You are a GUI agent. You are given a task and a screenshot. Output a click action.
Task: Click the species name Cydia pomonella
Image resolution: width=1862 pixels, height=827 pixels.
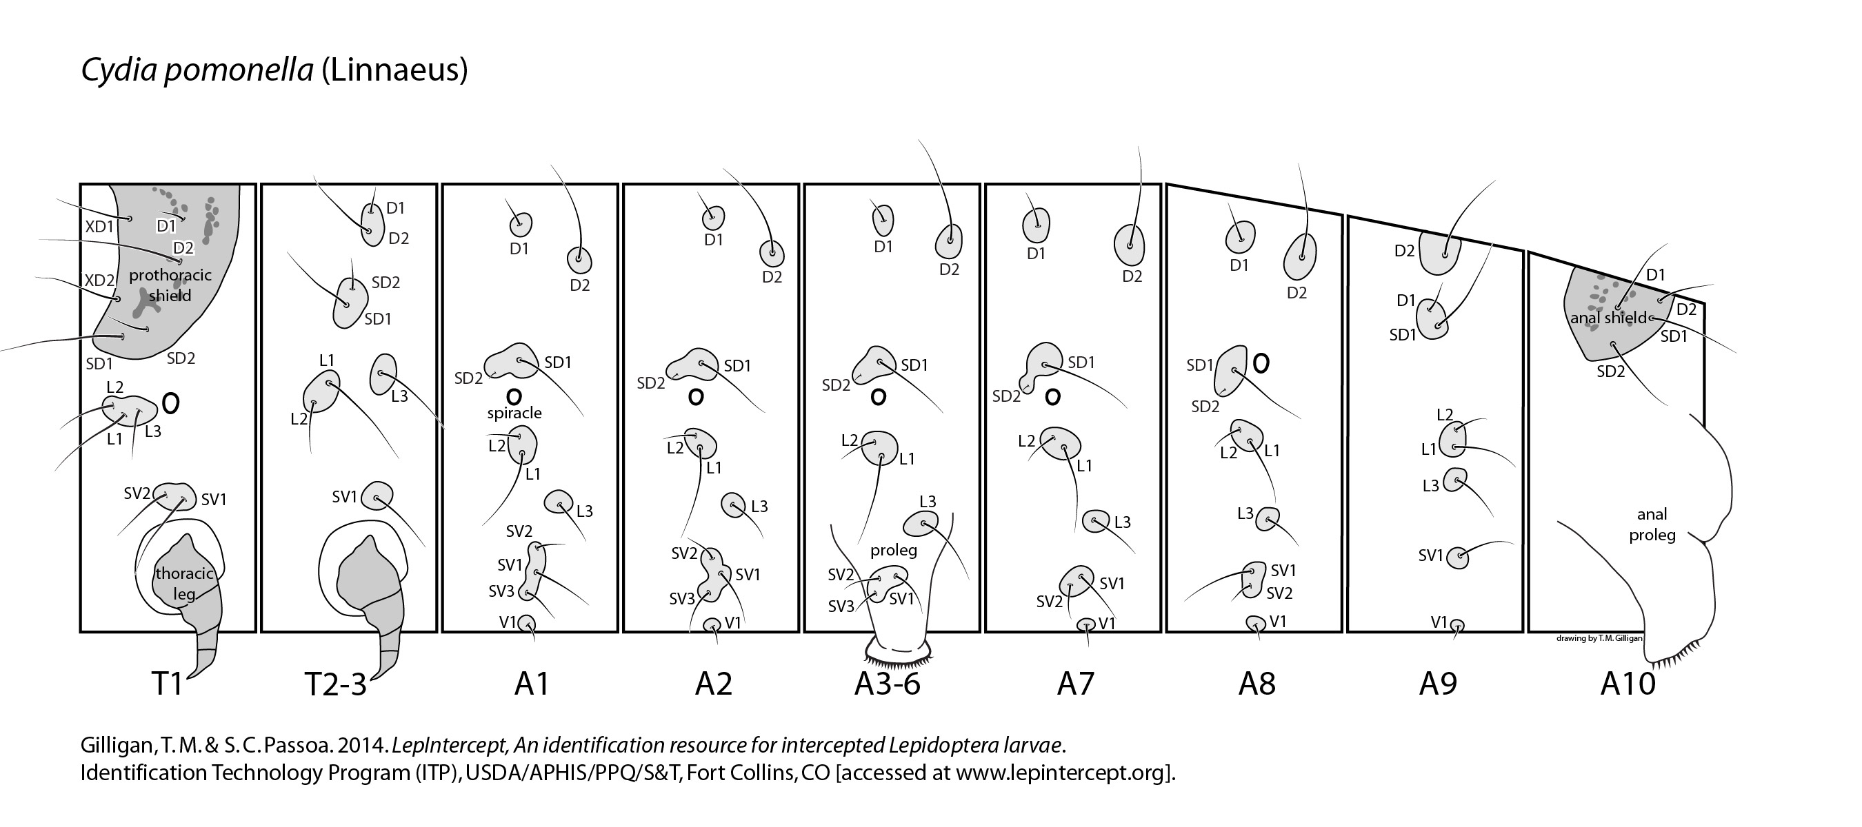coord(197,70)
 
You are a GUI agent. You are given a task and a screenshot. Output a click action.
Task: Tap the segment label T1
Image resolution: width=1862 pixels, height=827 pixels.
coord(167,682)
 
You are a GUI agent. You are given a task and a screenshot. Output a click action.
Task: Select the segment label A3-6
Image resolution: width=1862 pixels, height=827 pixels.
coord(887,682)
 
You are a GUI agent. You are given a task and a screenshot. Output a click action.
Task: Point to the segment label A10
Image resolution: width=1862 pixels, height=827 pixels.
coord(1627,682)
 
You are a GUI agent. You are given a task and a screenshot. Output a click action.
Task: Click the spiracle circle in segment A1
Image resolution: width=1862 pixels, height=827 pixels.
coord(513,396)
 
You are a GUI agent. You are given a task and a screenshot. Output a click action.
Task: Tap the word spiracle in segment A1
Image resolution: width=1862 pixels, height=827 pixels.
coord(514,413)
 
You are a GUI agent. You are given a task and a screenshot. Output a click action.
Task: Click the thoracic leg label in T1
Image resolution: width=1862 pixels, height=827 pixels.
coord(184,584)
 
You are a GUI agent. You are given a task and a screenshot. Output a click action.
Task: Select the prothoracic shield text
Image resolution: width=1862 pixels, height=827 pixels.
coord(170,285)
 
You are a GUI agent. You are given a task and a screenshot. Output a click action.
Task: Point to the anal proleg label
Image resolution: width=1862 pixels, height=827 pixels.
coord(1652,524)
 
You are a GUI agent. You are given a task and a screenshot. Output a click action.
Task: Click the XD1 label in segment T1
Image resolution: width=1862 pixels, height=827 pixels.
coord(100,226)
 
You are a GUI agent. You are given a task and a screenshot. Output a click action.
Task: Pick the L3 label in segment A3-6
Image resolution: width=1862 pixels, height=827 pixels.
coord(928,501)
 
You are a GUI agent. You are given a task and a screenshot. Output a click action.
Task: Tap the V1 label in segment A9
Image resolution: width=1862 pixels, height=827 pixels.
coord(1439,622)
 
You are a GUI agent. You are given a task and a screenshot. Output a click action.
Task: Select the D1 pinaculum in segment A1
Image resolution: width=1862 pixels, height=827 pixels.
coord(521,225)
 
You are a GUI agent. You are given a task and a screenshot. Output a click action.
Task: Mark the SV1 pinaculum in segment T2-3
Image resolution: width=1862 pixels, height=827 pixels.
coord(377,496)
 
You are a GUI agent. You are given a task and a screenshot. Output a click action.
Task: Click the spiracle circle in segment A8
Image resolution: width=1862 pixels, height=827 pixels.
coord(1260,363)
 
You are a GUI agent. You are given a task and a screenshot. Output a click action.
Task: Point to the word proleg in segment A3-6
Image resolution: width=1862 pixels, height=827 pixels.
coord(893,551)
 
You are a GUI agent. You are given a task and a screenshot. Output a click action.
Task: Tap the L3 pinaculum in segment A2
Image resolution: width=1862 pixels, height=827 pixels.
coord(734,504)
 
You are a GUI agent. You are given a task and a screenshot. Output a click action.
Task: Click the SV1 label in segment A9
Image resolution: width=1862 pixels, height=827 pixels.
coord(1430,555)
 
